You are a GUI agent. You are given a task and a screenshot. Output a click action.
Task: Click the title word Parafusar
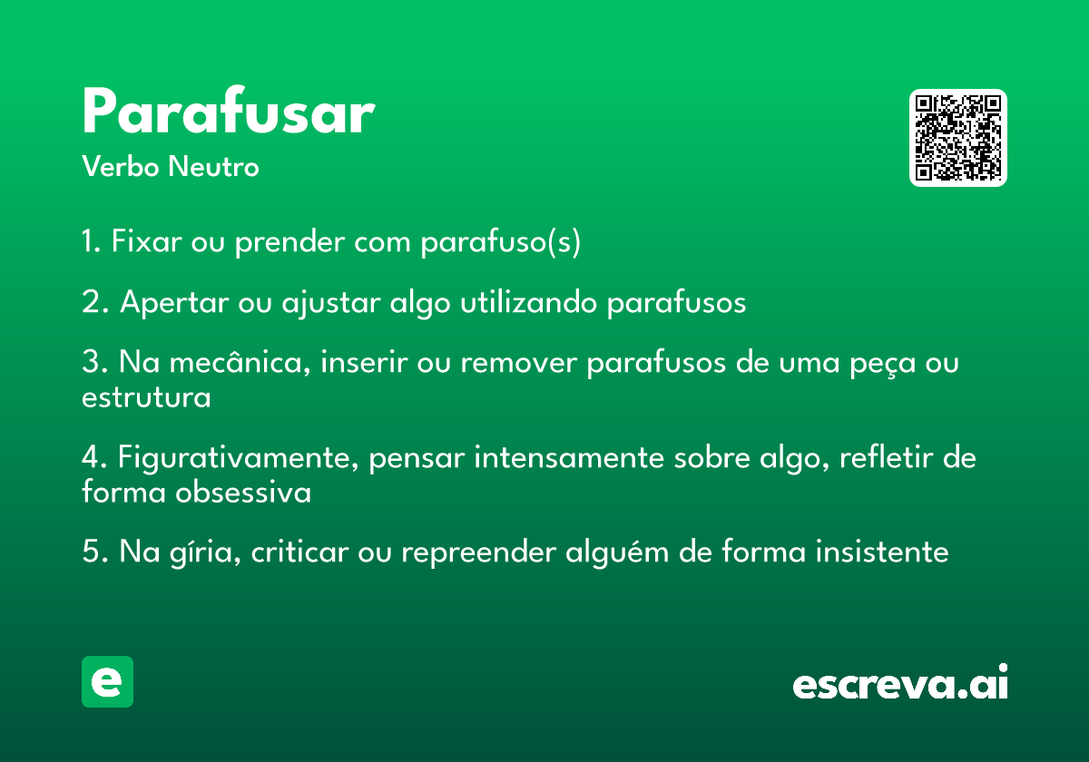coord(229,110)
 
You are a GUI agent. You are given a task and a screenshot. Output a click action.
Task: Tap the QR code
coord(957,138)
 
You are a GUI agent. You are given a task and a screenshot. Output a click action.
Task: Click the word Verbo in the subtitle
coord(121,166)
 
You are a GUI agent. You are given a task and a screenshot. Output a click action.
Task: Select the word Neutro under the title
coord(214,166)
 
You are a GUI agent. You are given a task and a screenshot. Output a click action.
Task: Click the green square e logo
coord(107,681)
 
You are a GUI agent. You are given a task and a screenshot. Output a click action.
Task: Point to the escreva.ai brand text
coord(900,682)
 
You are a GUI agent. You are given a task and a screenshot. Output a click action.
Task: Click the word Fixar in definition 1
coord(146,241)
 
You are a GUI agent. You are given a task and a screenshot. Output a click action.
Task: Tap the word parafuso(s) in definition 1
coord(500,242)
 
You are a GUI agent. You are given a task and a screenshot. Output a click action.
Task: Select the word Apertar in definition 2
coord(174,303)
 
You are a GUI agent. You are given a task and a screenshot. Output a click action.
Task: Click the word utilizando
coord(528,302)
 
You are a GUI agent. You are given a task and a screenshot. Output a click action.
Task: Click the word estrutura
coord(146,398)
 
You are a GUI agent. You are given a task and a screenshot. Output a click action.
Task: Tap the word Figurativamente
coord(238,458)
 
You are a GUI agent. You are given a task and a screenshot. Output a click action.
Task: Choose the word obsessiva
coord(243,492)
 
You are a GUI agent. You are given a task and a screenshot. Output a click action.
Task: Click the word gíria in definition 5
coord(205,552)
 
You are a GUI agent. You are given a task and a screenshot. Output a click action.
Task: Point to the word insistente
coord(882,552)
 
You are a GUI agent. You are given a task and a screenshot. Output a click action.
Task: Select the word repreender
coord(479,553)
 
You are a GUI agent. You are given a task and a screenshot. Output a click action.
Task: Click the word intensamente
coord(569,458)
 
